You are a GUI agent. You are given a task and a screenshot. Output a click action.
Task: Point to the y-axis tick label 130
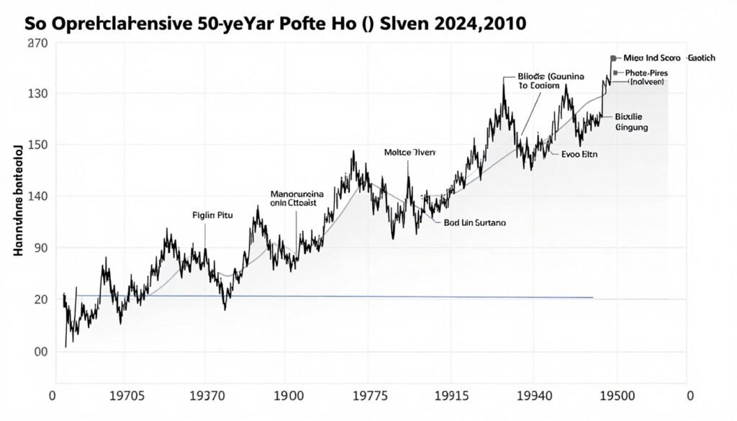pos(37,94)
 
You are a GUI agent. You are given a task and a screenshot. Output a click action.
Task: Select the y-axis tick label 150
pos(37,145)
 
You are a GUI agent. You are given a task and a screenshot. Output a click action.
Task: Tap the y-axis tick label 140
pos(37,196)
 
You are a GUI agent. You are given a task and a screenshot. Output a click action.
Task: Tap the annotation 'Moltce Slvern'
pos(410,153)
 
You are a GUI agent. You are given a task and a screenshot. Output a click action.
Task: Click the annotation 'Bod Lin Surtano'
pos(475,223)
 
